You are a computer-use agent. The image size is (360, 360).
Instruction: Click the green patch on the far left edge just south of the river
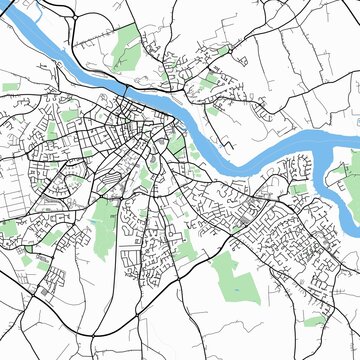10,88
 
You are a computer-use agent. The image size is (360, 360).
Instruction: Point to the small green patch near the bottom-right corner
315,321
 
